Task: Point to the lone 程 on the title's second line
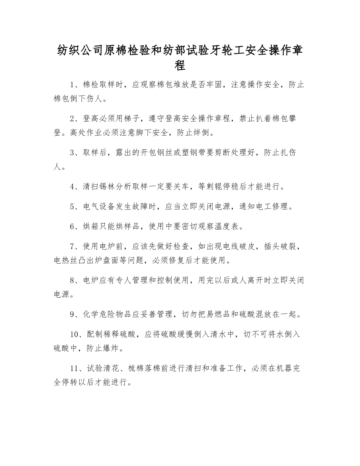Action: tap(180, 66)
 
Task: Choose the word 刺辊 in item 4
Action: tap(214, 186)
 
